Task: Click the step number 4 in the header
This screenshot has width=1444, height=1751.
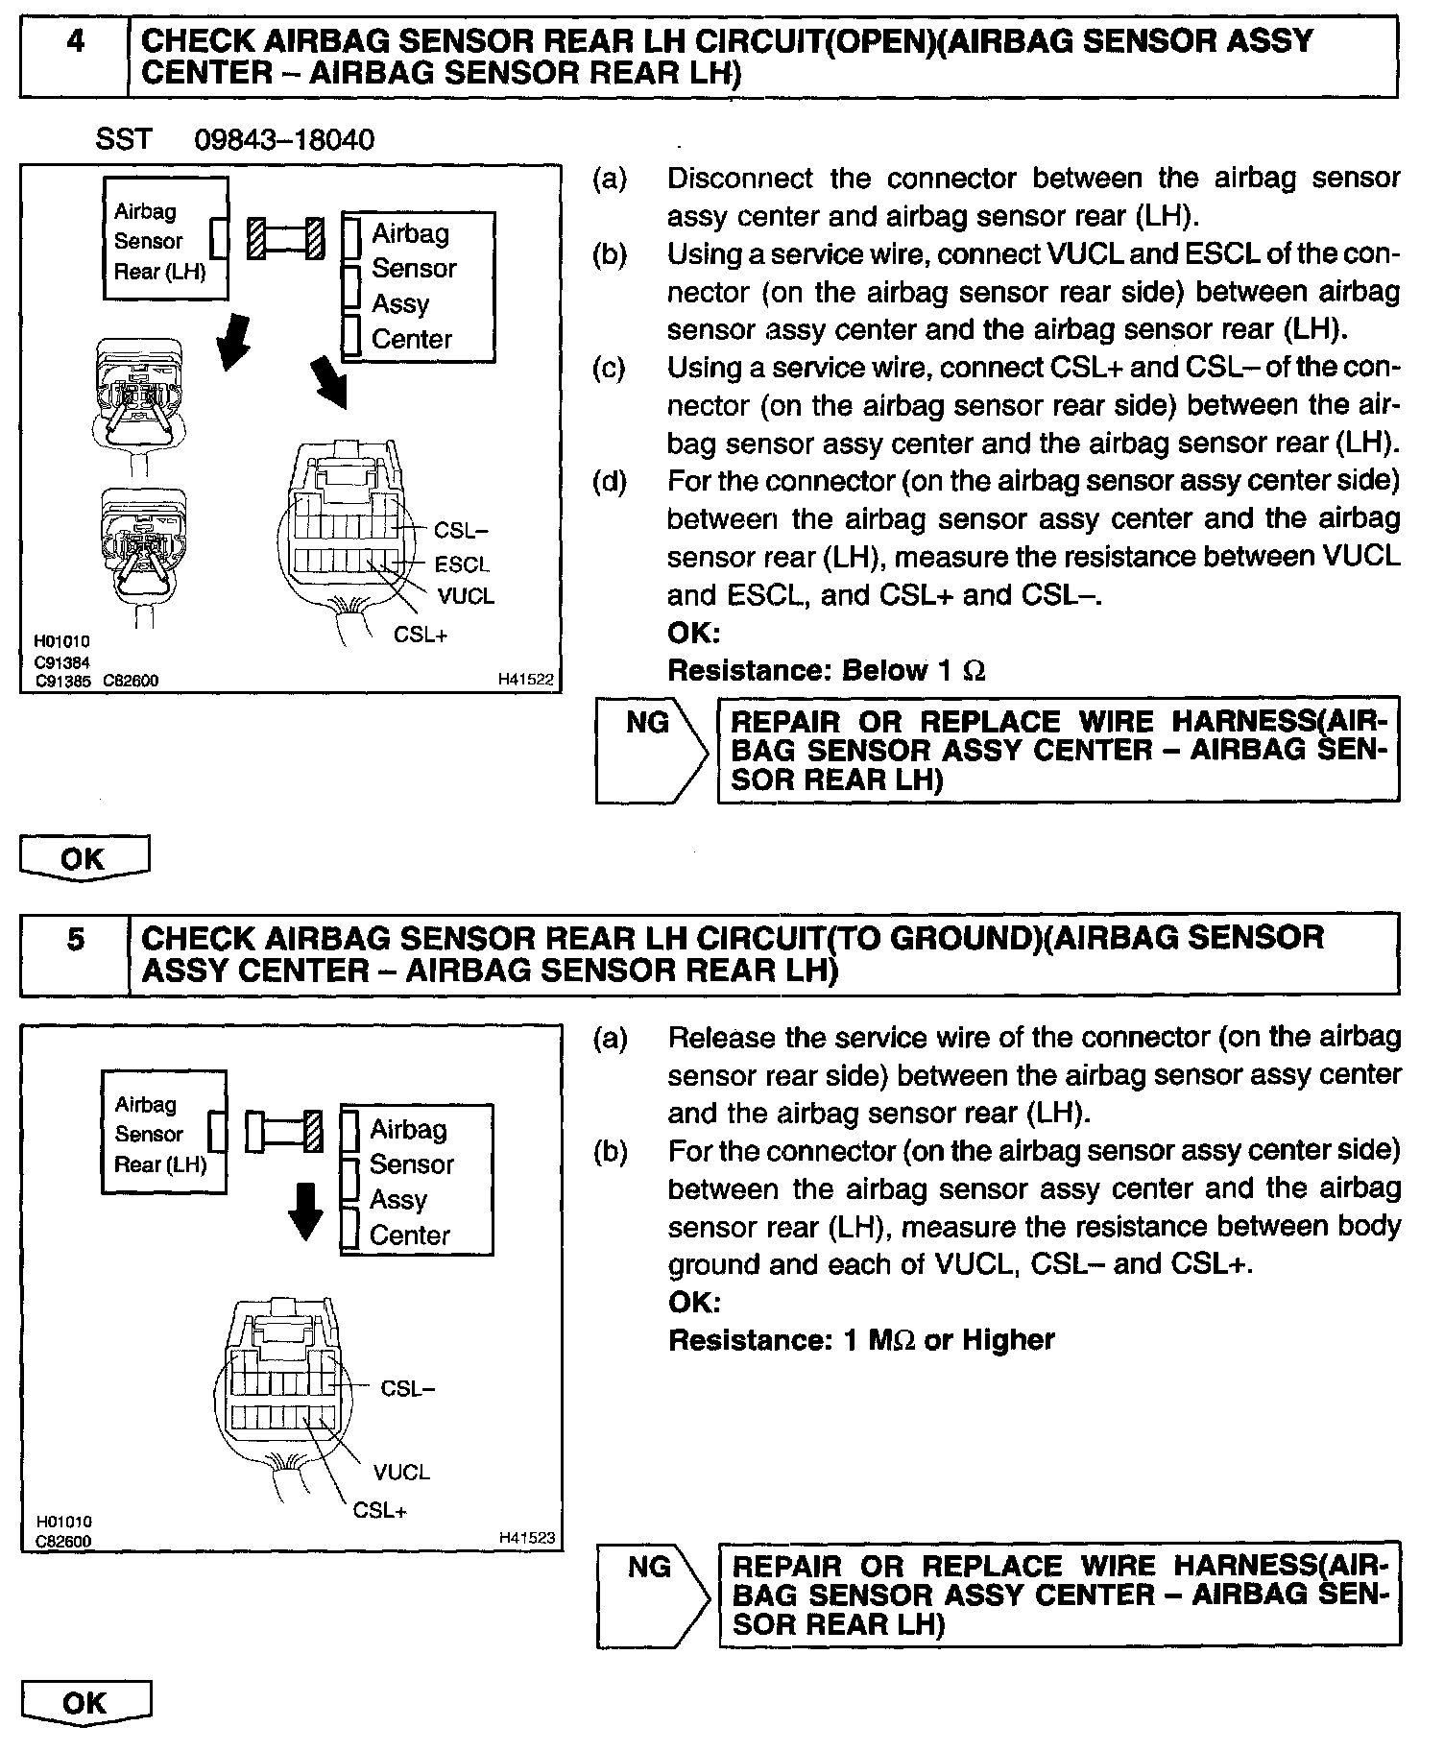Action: pyautogui.click(x=74, y=43)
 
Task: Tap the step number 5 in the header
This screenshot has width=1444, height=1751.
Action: pyautogui.click(x=76, y=939)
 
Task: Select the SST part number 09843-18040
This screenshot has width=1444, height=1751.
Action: pyautogui.click(x=284, y=140)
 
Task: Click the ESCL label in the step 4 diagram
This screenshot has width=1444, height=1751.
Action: pyautogui.click(x=462, y=564)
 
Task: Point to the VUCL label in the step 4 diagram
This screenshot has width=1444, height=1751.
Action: pyautogui.click(x=466, y=596)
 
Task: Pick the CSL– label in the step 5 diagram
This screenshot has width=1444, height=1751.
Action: pyautogui.click(x=408, y=1388)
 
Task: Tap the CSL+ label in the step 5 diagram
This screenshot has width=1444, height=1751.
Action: pyautogui.click(x=380, y=1510)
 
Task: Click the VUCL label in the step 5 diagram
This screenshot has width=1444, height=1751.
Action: pyautogui.click(x=401, y=1472)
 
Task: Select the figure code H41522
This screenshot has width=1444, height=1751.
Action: pyautogui.click(x=526, y=680)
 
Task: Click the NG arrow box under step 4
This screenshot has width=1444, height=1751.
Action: pyautogui.click(x=650, y=750)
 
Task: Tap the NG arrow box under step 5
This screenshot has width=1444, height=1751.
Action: pyautogui.click(x=651, y=1595)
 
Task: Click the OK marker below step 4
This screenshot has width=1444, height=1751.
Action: pyautogui.click(x=84, y=858)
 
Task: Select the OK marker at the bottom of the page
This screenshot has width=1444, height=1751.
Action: pyautogui.click(x=84, y=1703)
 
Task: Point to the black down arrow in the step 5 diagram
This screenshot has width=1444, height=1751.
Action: pyautogui.click(x=306, y=1211)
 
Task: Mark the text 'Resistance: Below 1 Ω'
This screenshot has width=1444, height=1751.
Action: pyautogui.click(x=826, y=670)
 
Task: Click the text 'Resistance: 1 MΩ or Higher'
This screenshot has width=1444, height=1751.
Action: pyautogui.click(x=860, y=1340)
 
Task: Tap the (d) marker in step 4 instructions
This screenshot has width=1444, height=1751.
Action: pyautogui.click(x=610, y=481)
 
